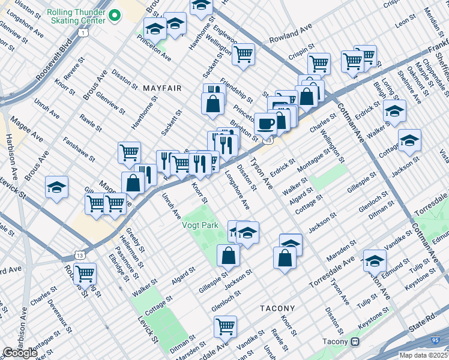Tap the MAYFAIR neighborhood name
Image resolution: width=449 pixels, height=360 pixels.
click(x=162, y=88)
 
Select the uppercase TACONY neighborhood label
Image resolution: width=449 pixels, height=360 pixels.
click(x=278, y=308)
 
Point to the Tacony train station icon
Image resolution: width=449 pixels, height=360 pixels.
click(x=355, y=342)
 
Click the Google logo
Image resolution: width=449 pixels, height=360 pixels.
click(x=20, y=353)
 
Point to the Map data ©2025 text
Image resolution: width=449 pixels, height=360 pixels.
click(x=423, y=355)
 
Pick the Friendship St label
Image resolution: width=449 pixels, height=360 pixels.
click(x=236, y=87)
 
